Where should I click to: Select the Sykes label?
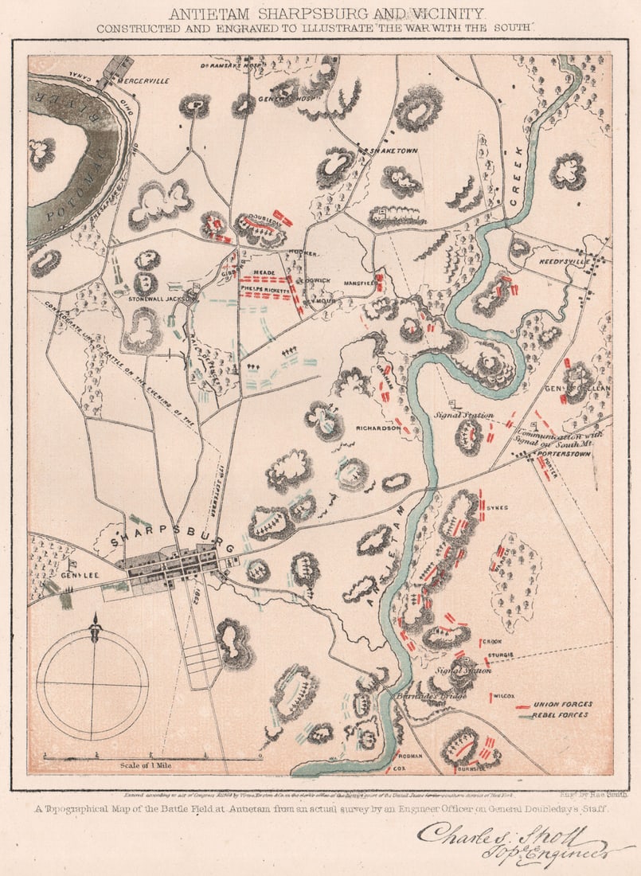click(499, 506)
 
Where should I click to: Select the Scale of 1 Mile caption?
click(145, 765)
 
